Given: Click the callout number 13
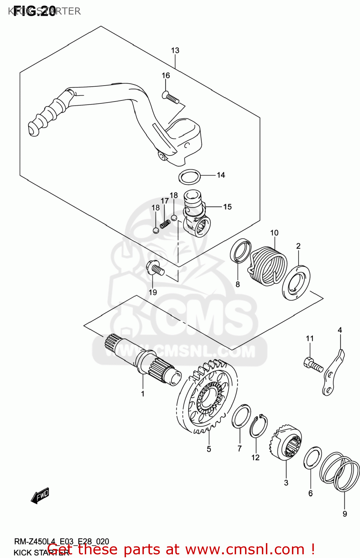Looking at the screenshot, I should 175,50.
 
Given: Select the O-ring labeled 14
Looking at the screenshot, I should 190,177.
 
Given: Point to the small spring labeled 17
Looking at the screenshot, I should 165,224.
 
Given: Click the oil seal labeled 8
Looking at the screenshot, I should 241,251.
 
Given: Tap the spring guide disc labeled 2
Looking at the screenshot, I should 296,283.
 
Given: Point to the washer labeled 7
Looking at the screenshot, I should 241,416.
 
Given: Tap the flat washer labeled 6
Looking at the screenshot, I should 312,458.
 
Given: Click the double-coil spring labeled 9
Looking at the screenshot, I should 340,471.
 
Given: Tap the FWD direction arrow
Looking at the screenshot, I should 40,496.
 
